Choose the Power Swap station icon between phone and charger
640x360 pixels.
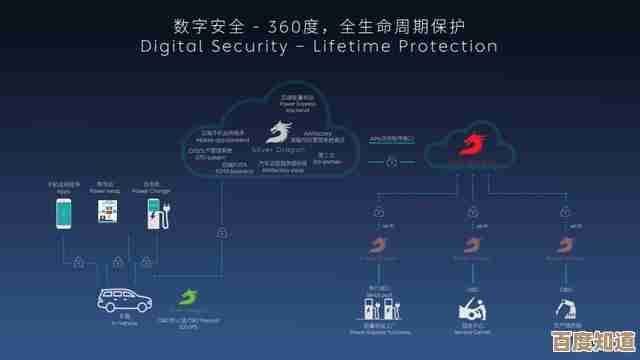point(108,211)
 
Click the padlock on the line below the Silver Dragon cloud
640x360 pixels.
point(221,233)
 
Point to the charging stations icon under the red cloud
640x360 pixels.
point(378,304)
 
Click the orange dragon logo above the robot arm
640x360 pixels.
point(561,246)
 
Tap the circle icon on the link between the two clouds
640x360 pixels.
point(391,161)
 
